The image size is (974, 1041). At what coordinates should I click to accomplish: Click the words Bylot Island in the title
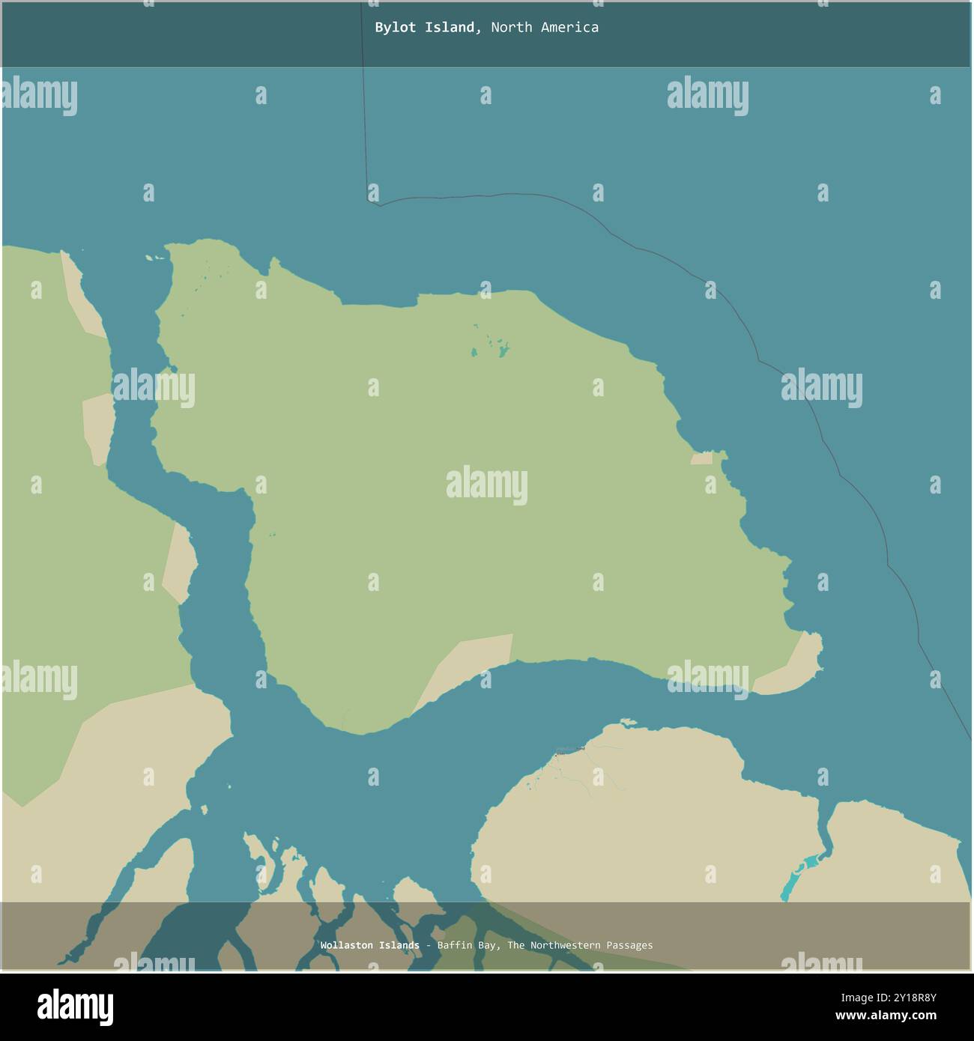point(425,28)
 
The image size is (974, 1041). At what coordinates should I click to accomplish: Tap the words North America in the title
point(545,28)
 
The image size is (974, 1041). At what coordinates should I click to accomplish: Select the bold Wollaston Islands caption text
point(369,945)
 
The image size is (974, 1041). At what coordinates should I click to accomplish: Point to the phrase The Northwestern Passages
point(580,945)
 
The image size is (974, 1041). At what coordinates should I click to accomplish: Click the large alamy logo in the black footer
point(75,1006)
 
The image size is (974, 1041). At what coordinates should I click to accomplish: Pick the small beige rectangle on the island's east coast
point(701,458)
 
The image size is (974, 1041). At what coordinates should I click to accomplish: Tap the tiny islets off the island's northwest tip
point(156,258)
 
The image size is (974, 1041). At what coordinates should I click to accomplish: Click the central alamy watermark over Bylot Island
point(486,485)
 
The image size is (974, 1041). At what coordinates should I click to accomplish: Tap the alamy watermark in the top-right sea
point(707,96)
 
